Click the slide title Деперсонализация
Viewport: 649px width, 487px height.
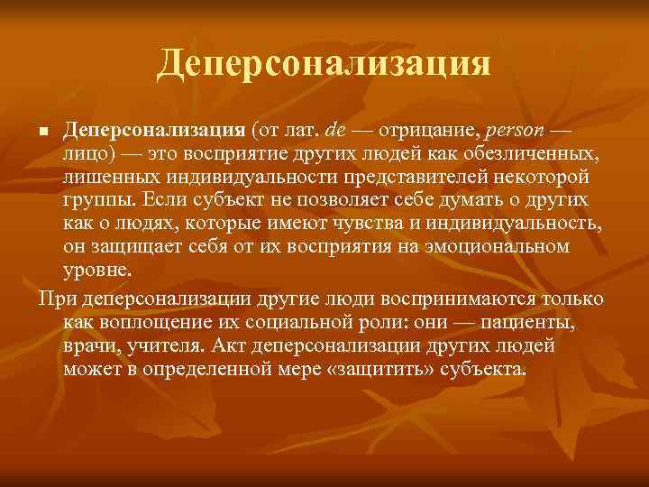pos(324,63)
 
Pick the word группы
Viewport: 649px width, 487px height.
pos(94,200)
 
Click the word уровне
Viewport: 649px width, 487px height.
pos(96,268)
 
